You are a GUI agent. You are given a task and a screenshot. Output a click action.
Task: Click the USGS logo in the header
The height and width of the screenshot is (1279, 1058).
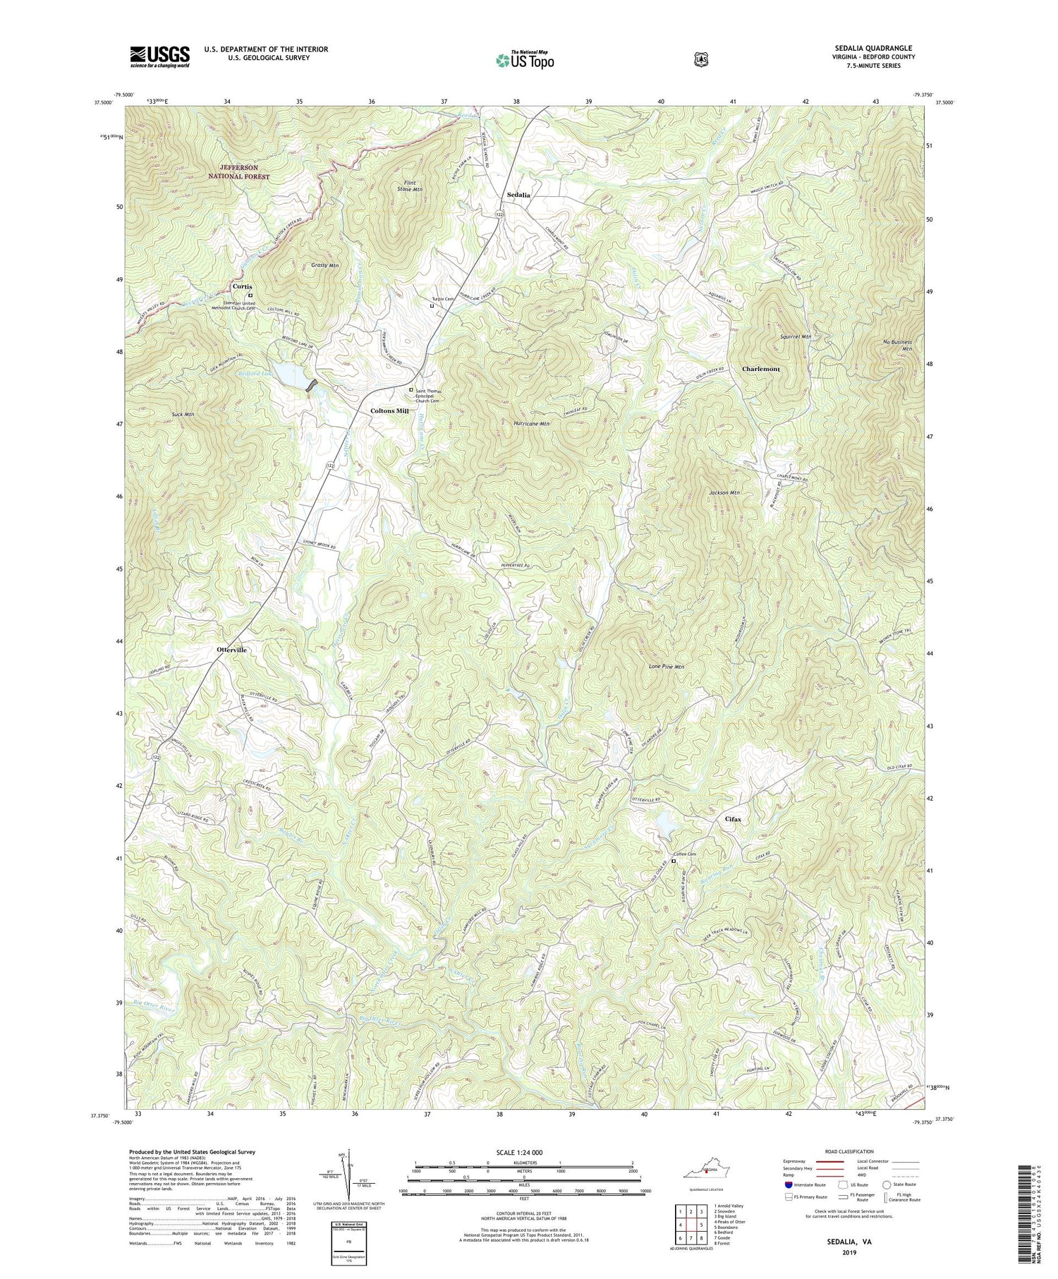(159, 56)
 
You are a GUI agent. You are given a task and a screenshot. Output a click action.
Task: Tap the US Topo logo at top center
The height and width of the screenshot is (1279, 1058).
(525, 60)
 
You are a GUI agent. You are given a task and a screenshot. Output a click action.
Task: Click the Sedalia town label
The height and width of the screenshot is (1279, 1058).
(518, 195)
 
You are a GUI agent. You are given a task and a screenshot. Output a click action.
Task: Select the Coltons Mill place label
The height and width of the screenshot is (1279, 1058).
(390, 411)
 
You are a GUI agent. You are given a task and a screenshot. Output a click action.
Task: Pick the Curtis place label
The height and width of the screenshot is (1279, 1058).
(243, 286)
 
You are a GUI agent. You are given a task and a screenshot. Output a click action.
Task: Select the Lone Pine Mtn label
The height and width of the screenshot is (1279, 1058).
(666, 666)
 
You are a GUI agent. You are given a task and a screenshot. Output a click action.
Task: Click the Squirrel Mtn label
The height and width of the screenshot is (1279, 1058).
(796, 337)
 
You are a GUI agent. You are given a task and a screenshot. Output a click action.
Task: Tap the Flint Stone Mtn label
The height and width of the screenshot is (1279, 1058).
(410, 186)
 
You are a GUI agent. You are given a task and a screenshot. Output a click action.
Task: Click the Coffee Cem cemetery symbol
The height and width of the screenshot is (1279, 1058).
(674, 861)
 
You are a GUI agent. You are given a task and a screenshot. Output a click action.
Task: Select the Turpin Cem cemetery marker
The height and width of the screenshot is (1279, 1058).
(432, 305)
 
